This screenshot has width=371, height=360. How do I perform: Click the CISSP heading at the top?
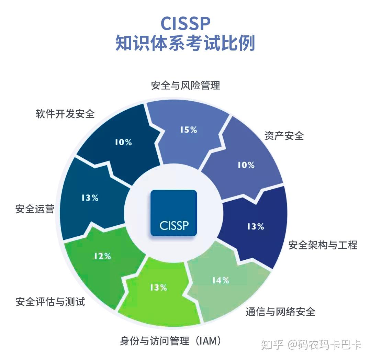185,23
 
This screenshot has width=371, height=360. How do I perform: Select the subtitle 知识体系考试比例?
185,44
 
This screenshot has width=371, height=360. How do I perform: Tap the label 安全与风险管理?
185,85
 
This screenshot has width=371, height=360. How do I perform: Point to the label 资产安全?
284,136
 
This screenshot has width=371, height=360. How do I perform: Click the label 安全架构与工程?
323,245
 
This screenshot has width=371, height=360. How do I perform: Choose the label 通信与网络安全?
280,312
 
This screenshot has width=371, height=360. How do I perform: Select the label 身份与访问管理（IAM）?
170,341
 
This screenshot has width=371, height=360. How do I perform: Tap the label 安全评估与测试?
50,302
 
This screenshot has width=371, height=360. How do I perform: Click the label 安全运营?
35,209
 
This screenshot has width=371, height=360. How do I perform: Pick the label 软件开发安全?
65,114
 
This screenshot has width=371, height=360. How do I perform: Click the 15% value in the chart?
189,130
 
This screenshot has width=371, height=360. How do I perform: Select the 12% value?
102,256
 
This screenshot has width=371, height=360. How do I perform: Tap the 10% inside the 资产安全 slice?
246,165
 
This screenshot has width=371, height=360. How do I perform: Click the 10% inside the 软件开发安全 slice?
123,142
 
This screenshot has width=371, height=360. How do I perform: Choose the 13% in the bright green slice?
158,288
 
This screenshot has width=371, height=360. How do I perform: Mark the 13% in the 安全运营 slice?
90,198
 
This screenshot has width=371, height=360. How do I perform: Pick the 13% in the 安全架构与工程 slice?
256,227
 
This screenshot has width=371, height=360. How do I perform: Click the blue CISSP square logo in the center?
174,213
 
